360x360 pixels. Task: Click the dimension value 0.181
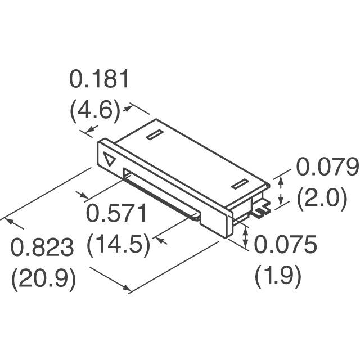[x=99, y=79]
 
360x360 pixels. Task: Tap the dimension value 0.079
[x=327, y=166]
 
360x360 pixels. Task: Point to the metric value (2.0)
[x=322, y=199]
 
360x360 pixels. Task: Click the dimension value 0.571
[x=116, y=213]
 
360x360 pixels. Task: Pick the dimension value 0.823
[x=42, y=247]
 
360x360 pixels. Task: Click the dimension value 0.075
[x=285, y=244]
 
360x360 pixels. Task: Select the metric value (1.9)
[x=278, y=277]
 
